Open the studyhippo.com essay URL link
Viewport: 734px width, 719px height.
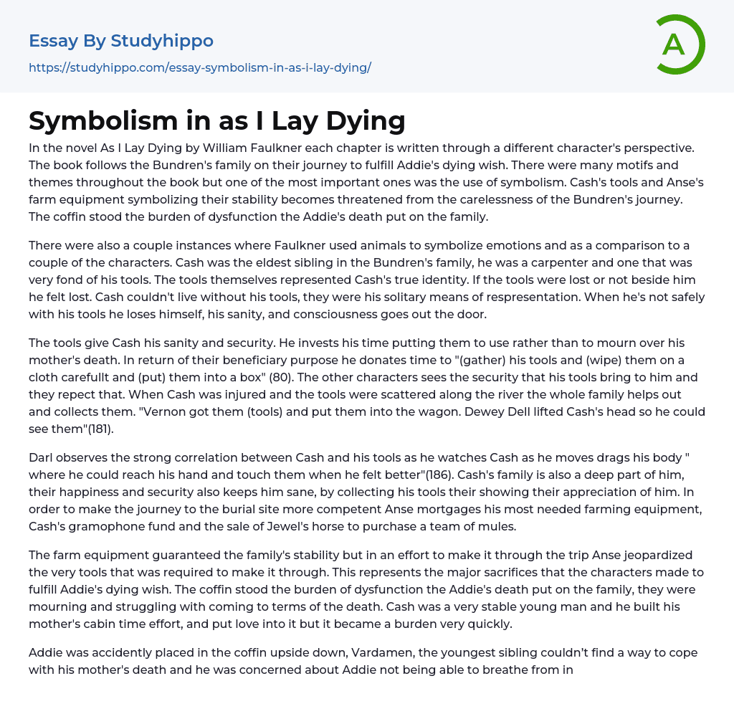[x=199, y=67]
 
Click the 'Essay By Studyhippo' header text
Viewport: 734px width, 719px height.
[x=121, y=41]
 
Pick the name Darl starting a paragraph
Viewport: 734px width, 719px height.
[x=42, y=457]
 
